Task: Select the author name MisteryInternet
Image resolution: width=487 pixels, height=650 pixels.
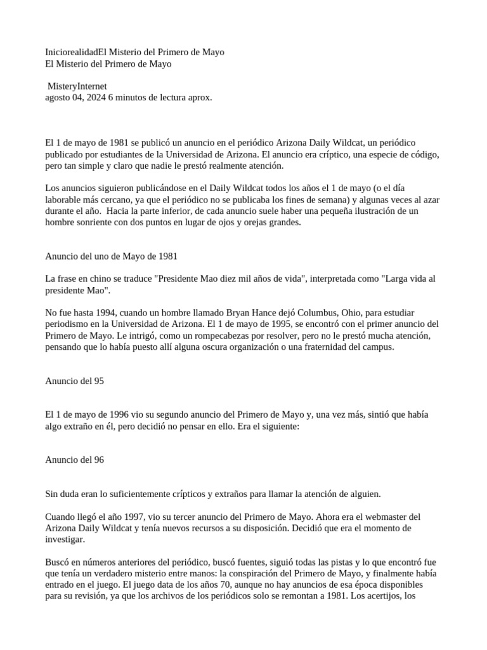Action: (x=78, y=86)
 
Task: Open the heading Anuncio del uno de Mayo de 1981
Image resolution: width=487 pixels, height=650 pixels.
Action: (x=111, y=256)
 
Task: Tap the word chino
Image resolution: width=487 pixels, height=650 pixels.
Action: (x=94, y=279)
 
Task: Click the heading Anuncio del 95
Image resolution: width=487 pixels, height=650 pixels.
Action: (x=74, y=381)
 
